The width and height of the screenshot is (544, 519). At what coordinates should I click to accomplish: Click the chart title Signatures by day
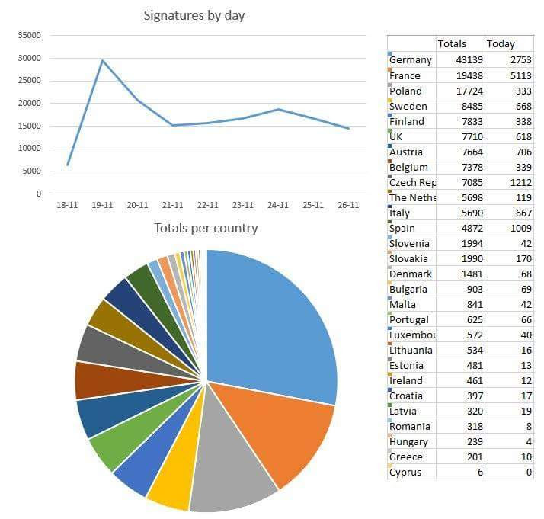pyautogui.click(x=194, y=15)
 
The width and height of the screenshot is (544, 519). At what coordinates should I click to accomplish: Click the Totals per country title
pyautogui.click(x=206, y=228)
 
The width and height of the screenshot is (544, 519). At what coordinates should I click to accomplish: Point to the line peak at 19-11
pyautogui.click(x=102, y=60)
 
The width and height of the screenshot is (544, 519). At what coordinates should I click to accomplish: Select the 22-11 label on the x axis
pyautogui.click(x=208, y=206)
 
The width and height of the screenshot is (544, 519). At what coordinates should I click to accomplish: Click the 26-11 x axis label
pyautogui.click(x=348, y=206)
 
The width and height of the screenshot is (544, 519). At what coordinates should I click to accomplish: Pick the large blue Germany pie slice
pyautogui.click(x=274, y=320)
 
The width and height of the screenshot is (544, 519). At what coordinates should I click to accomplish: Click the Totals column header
pyautogui.click(x=452, y=43)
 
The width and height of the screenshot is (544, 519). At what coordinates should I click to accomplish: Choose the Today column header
pyautogui.click(x=501, y=43)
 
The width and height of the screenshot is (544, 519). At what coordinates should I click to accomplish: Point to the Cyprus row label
pyautogui.click(x=405, y=473)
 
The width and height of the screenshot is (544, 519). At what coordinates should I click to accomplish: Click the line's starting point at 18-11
pyautogui.click(x=68, y=165)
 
